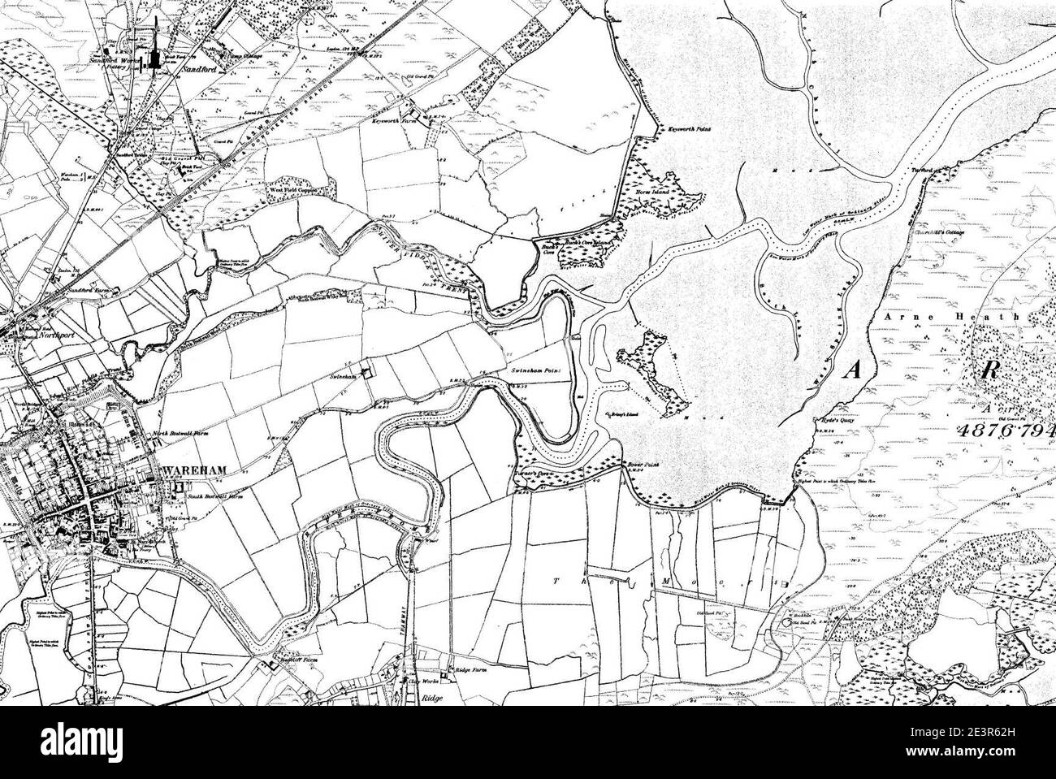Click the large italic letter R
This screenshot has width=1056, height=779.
pyautogui.click(x=989, y=370)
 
